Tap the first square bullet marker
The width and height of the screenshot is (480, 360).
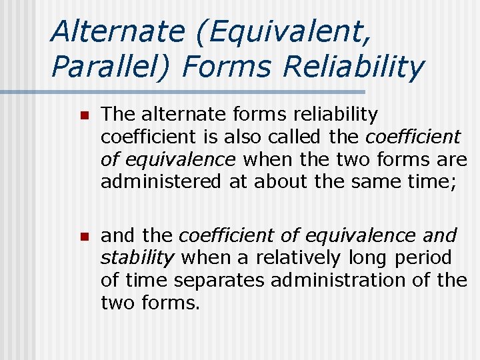pyautogui.click(x=83, y=116)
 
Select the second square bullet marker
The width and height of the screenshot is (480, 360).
pyautogui.click(x=83, y=236)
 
